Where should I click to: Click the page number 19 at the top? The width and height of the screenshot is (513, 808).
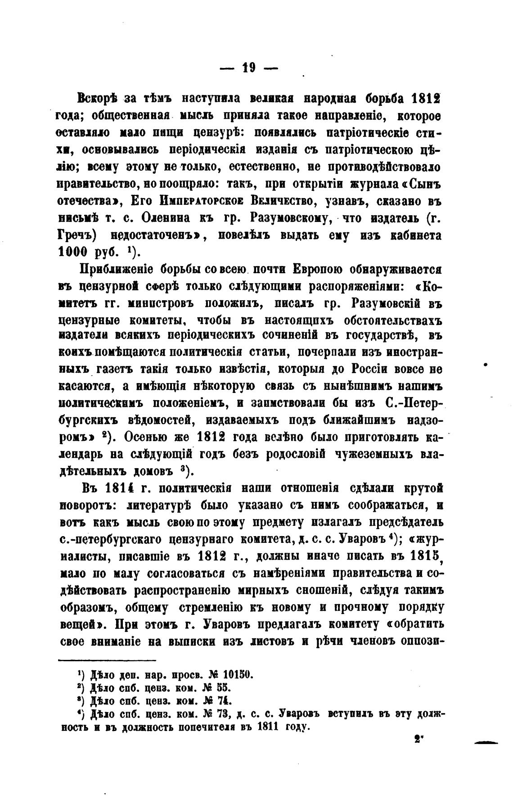click(249, 68)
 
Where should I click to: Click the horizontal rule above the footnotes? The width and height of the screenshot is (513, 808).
click(107, 660)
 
